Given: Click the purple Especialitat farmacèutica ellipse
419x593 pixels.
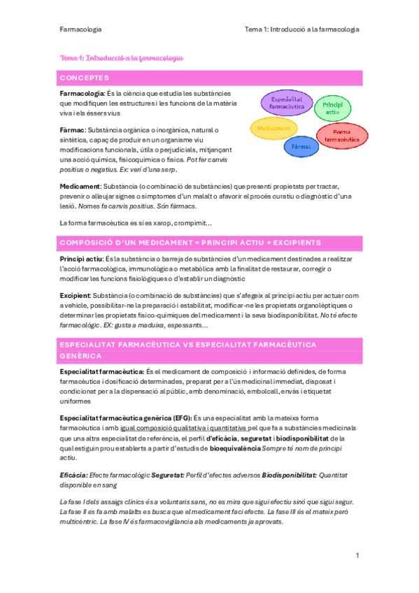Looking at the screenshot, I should tap(285, 105).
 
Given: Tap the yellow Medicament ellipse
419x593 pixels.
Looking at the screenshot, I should tap(274, 129).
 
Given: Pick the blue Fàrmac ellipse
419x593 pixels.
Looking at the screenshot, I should tap(302, 147).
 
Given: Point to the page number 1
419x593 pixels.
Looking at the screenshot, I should tap(357, 556).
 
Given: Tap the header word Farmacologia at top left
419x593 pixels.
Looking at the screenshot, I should tap(81, 29).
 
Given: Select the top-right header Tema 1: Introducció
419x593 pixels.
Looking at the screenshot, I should tap(301, 29).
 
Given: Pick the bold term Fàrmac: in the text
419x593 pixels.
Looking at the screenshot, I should tap(72, 130).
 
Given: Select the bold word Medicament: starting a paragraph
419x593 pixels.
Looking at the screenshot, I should tap(80, 187).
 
